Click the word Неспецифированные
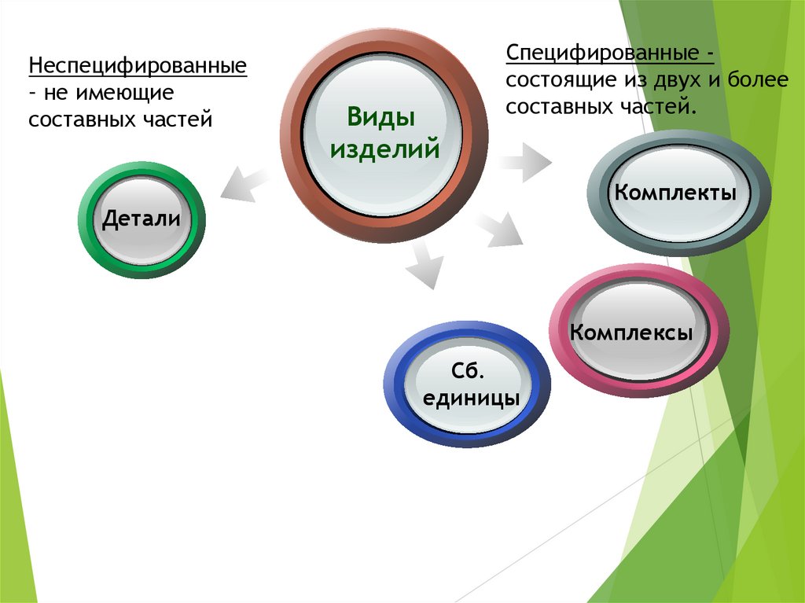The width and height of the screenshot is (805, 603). coord(138,65)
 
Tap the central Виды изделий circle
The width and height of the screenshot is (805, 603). coord(384,134)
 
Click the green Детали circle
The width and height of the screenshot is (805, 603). coord(142,219)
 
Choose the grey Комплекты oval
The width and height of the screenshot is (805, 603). coord(676,193)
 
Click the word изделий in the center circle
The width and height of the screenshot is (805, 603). coord(384,148)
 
